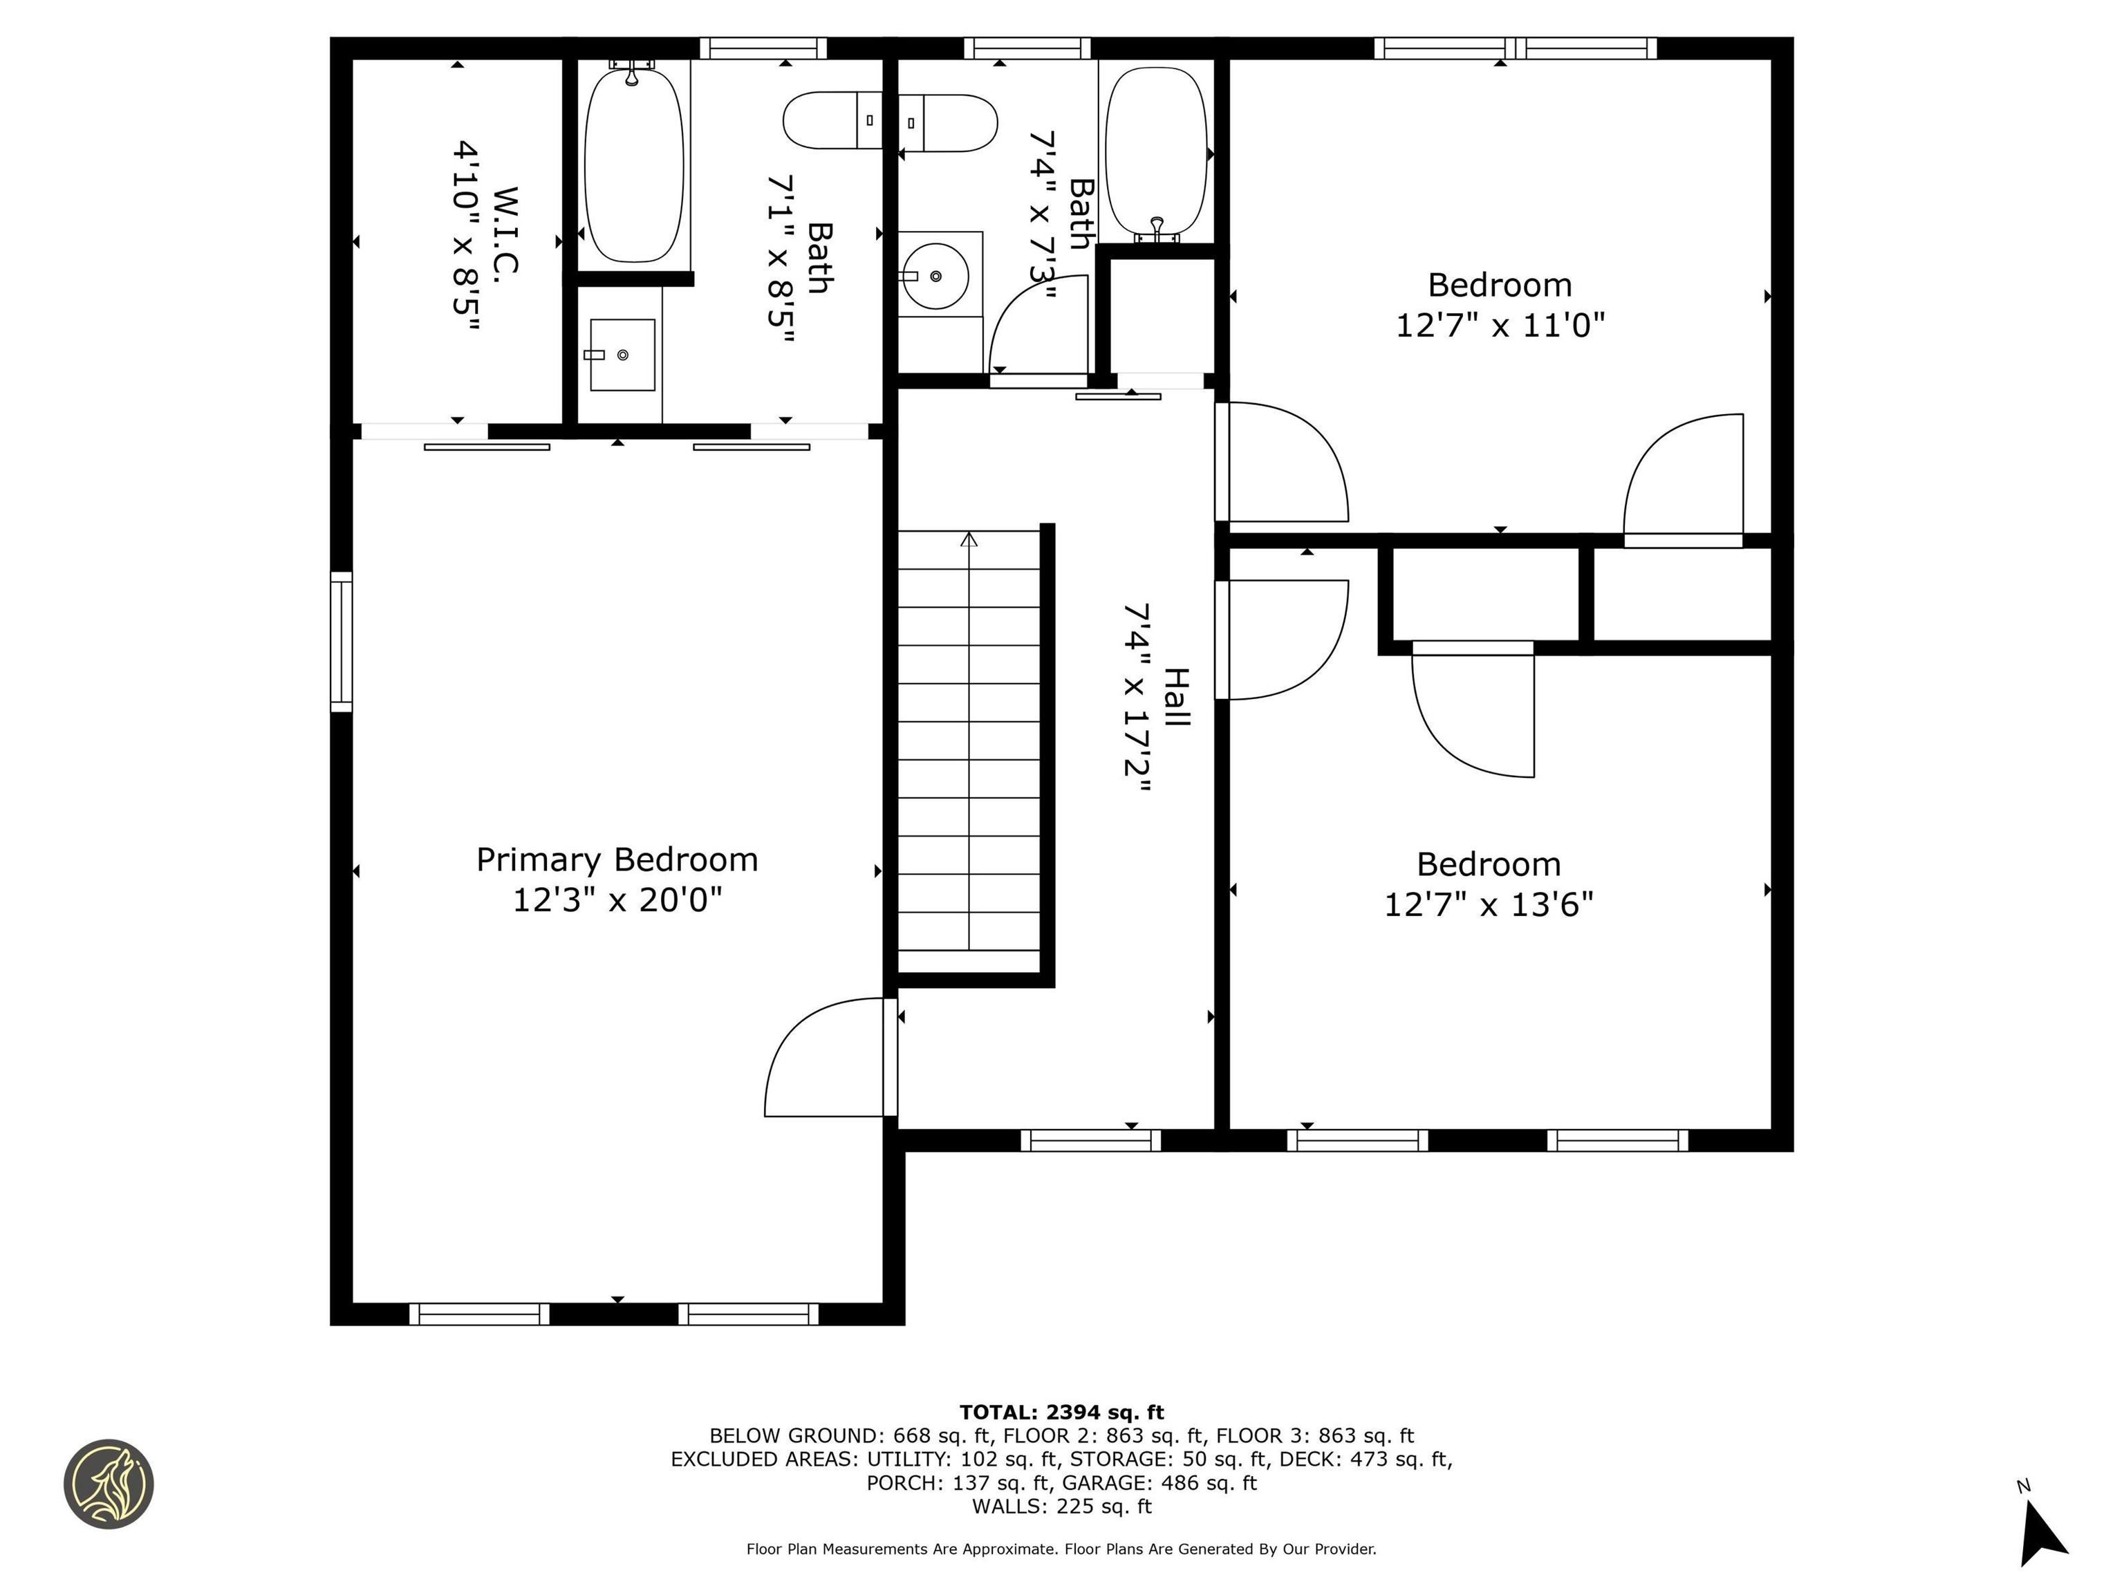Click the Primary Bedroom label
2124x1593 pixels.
[617, 859]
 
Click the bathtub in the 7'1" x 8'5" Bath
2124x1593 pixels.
[634, 163]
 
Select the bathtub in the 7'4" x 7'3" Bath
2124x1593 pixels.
[1156, 151]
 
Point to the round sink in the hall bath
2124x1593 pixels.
[935, 276]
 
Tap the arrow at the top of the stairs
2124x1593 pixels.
[969, 541]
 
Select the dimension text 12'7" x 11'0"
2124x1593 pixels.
[1499, 326]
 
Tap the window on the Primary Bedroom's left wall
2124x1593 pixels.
[341, 642]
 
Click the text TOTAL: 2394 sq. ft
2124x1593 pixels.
[1061, 1412]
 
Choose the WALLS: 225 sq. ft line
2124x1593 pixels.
[1061, 1506]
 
